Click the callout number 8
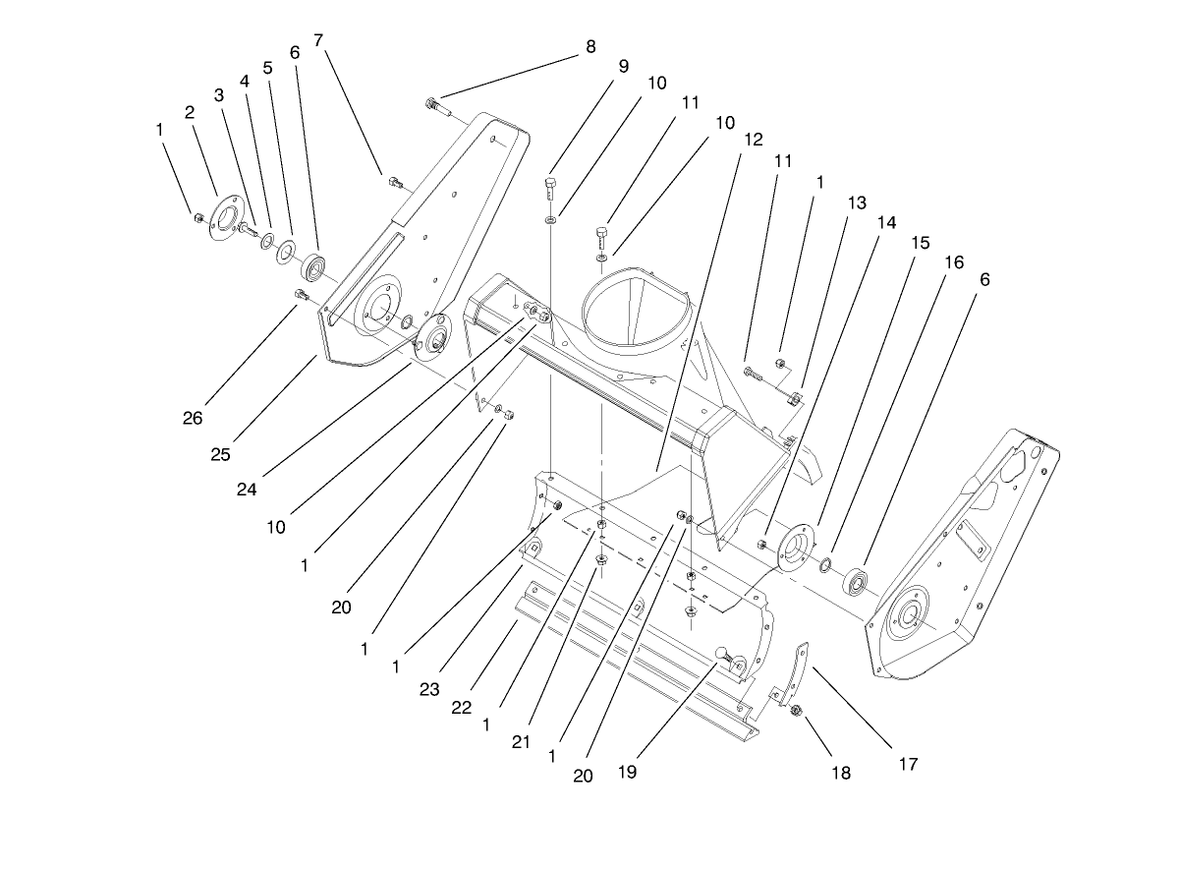[589, 45]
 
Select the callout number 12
[753, 140]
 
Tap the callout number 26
[193, 417]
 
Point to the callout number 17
[908, 763]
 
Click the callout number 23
[429, 688]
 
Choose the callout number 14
[886, 223]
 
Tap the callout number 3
[219, 95]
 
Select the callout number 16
[953, 262]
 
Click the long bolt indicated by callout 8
[440, 107]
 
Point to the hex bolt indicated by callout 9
[551, 190]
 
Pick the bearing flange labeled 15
[794, 549]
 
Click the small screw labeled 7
[396, 182]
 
